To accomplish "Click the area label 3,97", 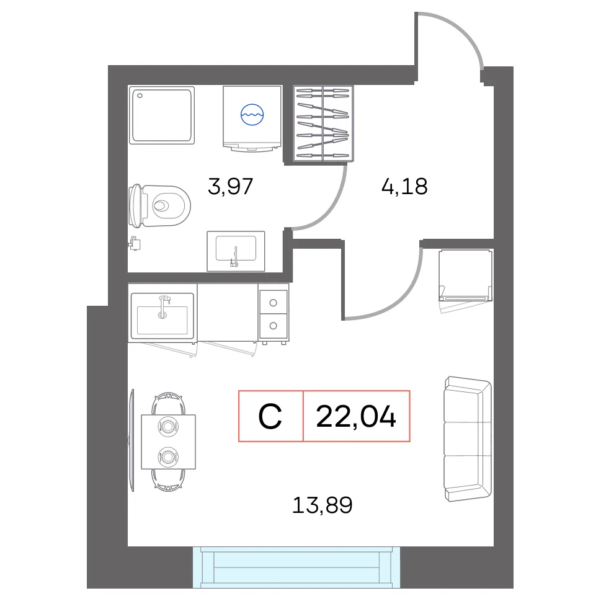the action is (230, 186).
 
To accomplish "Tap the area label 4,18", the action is (404, 186).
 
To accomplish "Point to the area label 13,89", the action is (323, 505).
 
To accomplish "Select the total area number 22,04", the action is (355, 417).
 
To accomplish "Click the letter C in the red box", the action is (270, 417).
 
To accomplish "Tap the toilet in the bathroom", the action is (159, 206).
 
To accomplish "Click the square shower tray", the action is (162, 115).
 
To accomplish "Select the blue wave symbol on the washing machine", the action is (252, 115).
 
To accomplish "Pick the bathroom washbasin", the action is (236, 251).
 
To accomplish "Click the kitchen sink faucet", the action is (163, 306).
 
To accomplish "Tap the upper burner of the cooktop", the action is (274, 303).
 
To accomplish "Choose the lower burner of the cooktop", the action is (274, 326).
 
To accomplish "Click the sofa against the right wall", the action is (468, 439).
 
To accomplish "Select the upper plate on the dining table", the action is (168, 426).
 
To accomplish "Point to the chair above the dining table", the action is (169, 404).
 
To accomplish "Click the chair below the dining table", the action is (169, 480).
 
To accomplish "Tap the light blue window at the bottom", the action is (296, 568).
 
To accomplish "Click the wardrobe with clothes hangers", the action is (323, 123).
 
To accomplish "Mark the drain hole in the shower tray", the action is (140, 96).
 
